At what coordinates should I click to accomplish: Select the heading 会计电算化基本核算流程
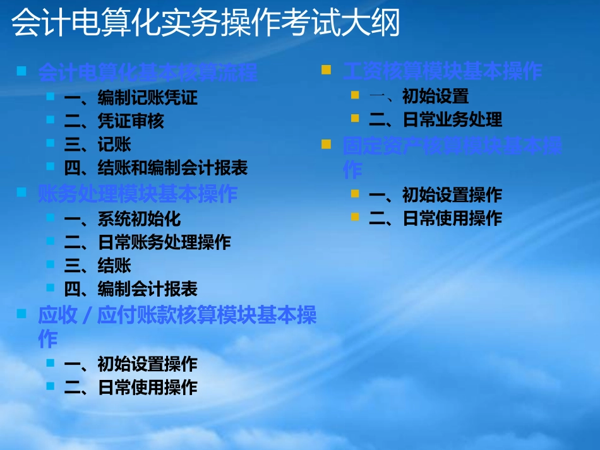(148, 73)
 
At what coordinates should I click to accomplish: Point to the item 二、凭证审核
(114, 121)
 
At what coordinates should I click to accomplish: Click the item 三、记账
(97, 145)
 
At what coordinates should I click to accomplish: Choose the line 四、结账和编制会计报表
(155, 168)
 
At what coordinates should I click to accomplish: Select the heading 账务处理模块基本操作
(138, 194)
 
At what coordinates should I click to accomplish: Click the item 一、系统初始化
(122, 219)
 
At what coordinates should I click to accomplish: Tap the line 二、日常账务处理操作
(147, 242)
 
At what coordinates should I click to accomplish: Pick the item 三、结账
(97, 265)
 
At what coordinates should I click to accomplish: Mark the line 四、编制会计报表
(131, 289)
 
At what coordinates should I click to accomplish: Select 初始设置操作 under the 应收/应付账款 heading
(148, 364)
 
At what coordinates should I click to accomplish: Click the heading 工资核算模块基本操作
(442, 71)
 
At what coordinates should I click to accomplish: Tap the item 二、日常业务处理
(435, 119)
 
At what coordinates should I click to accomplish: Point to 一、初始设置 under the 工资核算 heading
(418, 97)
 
